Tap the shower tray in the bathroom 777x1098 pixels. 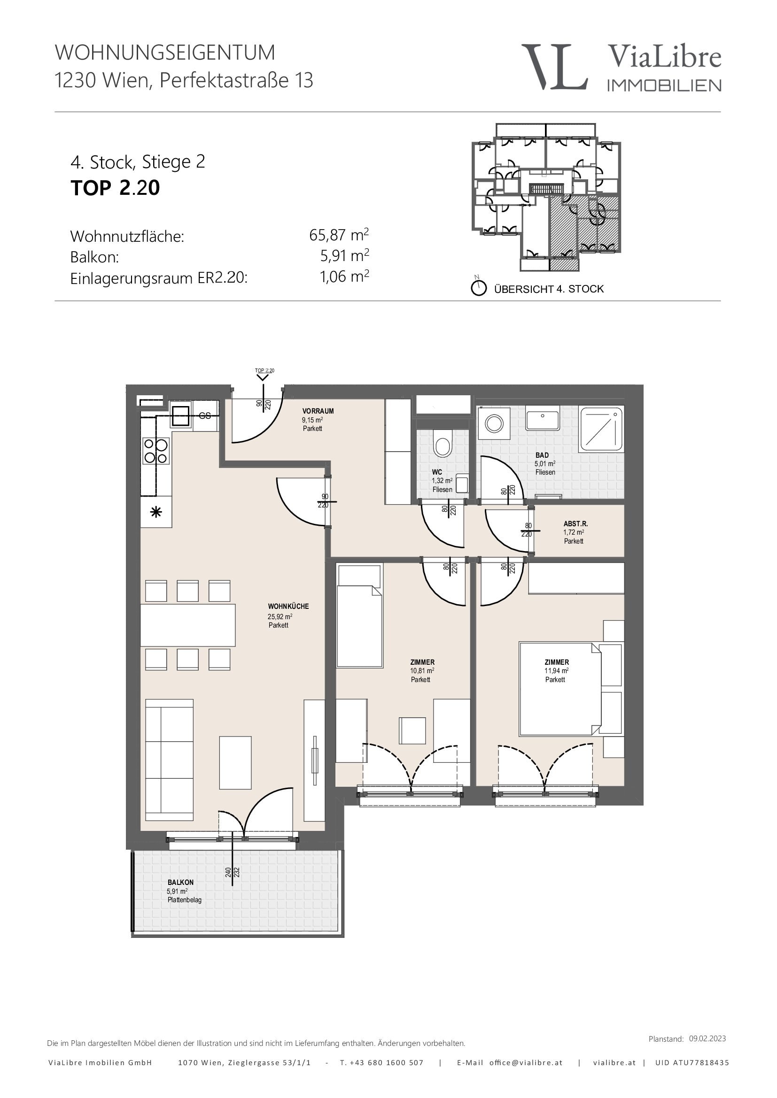pos(601,429)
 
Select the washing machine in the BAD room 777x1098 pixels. pos(494,423)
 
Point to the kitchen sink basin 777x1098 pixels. pos(181,415)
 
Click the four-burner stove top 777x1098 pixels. pos(156,452)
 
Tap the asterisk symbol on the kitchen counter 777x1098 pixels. pos(156,512)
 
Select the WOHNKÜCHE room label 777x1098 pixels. pos(288,607)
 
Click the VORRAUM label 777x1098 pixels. pos(318,411)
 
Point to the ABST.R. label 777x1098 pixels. pos(575,524)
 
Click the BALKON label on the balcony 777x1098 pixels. pos(180,883)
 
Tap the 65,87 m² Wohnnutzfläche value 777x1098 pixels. pos(339,235)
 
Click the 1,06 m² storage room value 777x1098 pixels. pos(344,276)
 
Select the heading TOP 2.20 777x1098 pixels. pos(115,188)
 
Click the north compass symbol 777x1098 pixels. pos(478,287)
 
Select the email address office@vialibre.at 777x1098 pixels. pos(526,1062)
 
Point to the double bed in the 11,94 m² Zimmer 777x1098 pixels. pos(560,689)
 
